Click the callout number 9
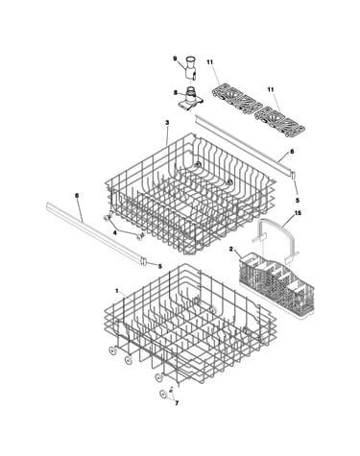click(175, 59)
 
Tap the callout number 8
click(175, 92)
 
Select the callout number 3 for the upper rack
click(167, 123)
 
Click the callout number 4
click(115, 233)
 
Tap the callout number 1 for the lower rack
click(117, 291)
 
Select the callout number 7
click(177, 403)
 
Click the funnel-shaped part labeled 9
click(191, 67)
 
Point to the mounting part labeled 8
click(190, 100)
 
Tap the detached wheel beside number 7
click(163, 395)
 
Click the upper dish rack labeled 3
click(190, 192)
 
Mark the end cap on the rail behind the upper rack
click(293, 175)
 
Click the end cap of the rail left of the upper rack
click(143, 261)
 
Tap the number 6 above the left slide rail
click(77, 195)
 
